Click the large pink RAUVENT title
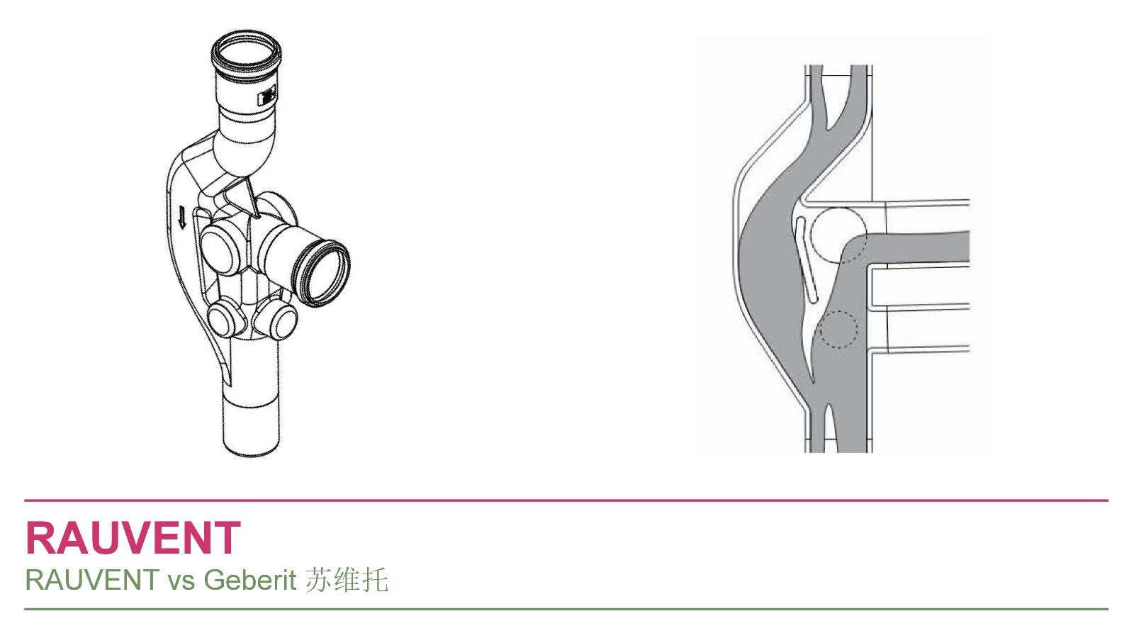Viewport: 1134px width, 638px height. click(133, 538)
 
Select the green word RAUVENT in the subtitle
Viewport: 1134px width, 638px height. click(92, 580)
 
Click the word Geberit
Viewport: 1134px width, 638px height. click(250, 580)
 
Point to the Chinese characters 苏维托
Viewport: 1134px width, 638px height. click(347, 580)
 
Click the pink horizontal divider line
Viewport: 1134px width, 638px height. click(566, 500)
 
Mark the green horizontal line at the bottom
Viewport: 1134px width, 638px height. click(566, 609)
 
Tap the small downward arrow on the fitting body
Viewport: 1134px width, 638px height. click(181, 217)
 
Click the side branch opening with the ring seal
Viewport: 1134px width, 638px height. click(323, 274)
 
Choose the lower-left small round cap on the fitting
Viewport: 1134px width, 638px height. click(223, 319)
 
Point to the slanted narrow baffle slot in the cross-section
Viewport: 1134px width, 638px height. click(806, 260)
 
